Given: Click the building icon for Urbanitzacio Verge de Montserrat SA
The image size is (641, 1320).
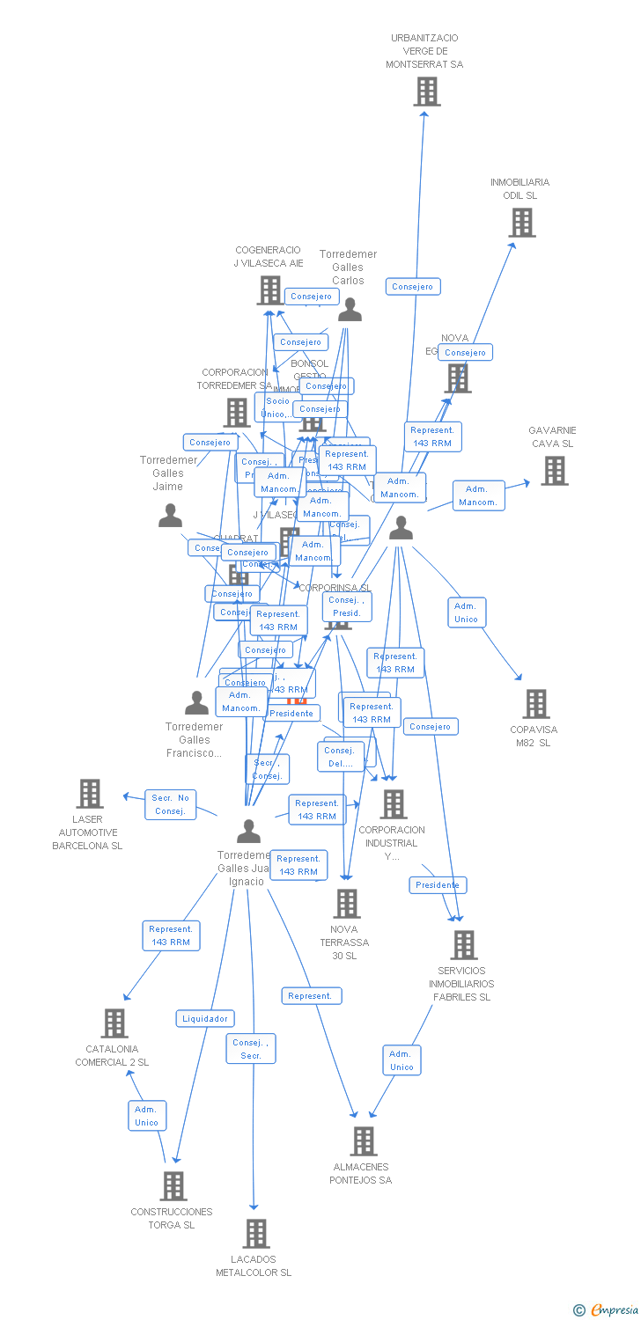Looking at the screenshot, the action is (427, 92).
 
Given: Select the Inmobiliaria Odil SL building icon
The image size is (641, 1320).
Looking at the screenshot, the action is (522, 223).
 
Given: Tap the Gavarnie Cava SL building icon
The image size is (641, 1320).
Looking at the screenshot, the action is (554, 471).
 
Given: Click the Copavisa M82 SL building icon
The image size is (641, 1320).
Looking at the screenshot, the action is (536, 704).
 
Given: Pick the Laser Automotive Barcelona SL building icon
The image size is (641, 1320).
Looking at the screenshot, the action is (90, 794).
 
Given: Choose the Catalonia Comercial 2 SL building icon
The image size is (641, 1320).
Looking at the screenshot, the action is (114, 1023).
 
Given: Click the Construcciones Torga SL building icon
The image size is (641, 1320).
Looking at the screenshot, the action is (173, 1186).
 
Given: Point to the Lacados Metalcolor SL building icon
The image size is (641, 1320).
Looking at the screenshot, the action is (256, 1234).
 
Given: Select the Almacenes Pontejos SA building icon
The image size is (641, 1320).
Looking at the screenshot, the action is (363, 1141).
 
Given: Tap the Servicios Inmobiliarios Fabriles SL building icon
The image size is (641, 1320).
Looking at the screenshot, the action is (463, 945).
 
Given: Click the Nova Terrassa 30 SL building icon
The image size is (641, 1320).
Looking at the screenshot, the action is (347, 904).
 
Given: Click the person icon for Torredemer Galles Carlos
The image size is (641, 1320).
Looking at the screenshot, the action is (350, 310).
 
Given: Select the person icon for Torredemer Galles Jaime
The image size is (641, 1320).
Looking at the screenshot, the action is (170, 516).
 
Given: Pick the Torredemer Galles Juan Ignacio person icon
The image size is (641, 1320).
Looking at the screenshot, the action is (249, 831).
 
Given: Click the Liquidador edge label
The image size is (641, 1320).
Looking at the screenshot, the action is (205, 1018).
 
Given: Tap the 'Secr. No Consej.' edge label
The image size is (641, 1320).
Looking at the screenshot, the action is (170, 804).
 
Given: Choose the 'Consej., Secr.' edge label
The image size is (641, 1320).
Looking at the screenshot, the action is (251, 1048).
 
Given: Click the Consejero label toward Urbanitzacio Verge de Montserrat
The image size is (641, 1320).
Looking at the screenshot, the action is (412, 286).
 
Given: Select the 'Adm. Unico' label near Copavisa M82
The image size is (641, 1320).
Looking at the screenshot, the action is (466, 612).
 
